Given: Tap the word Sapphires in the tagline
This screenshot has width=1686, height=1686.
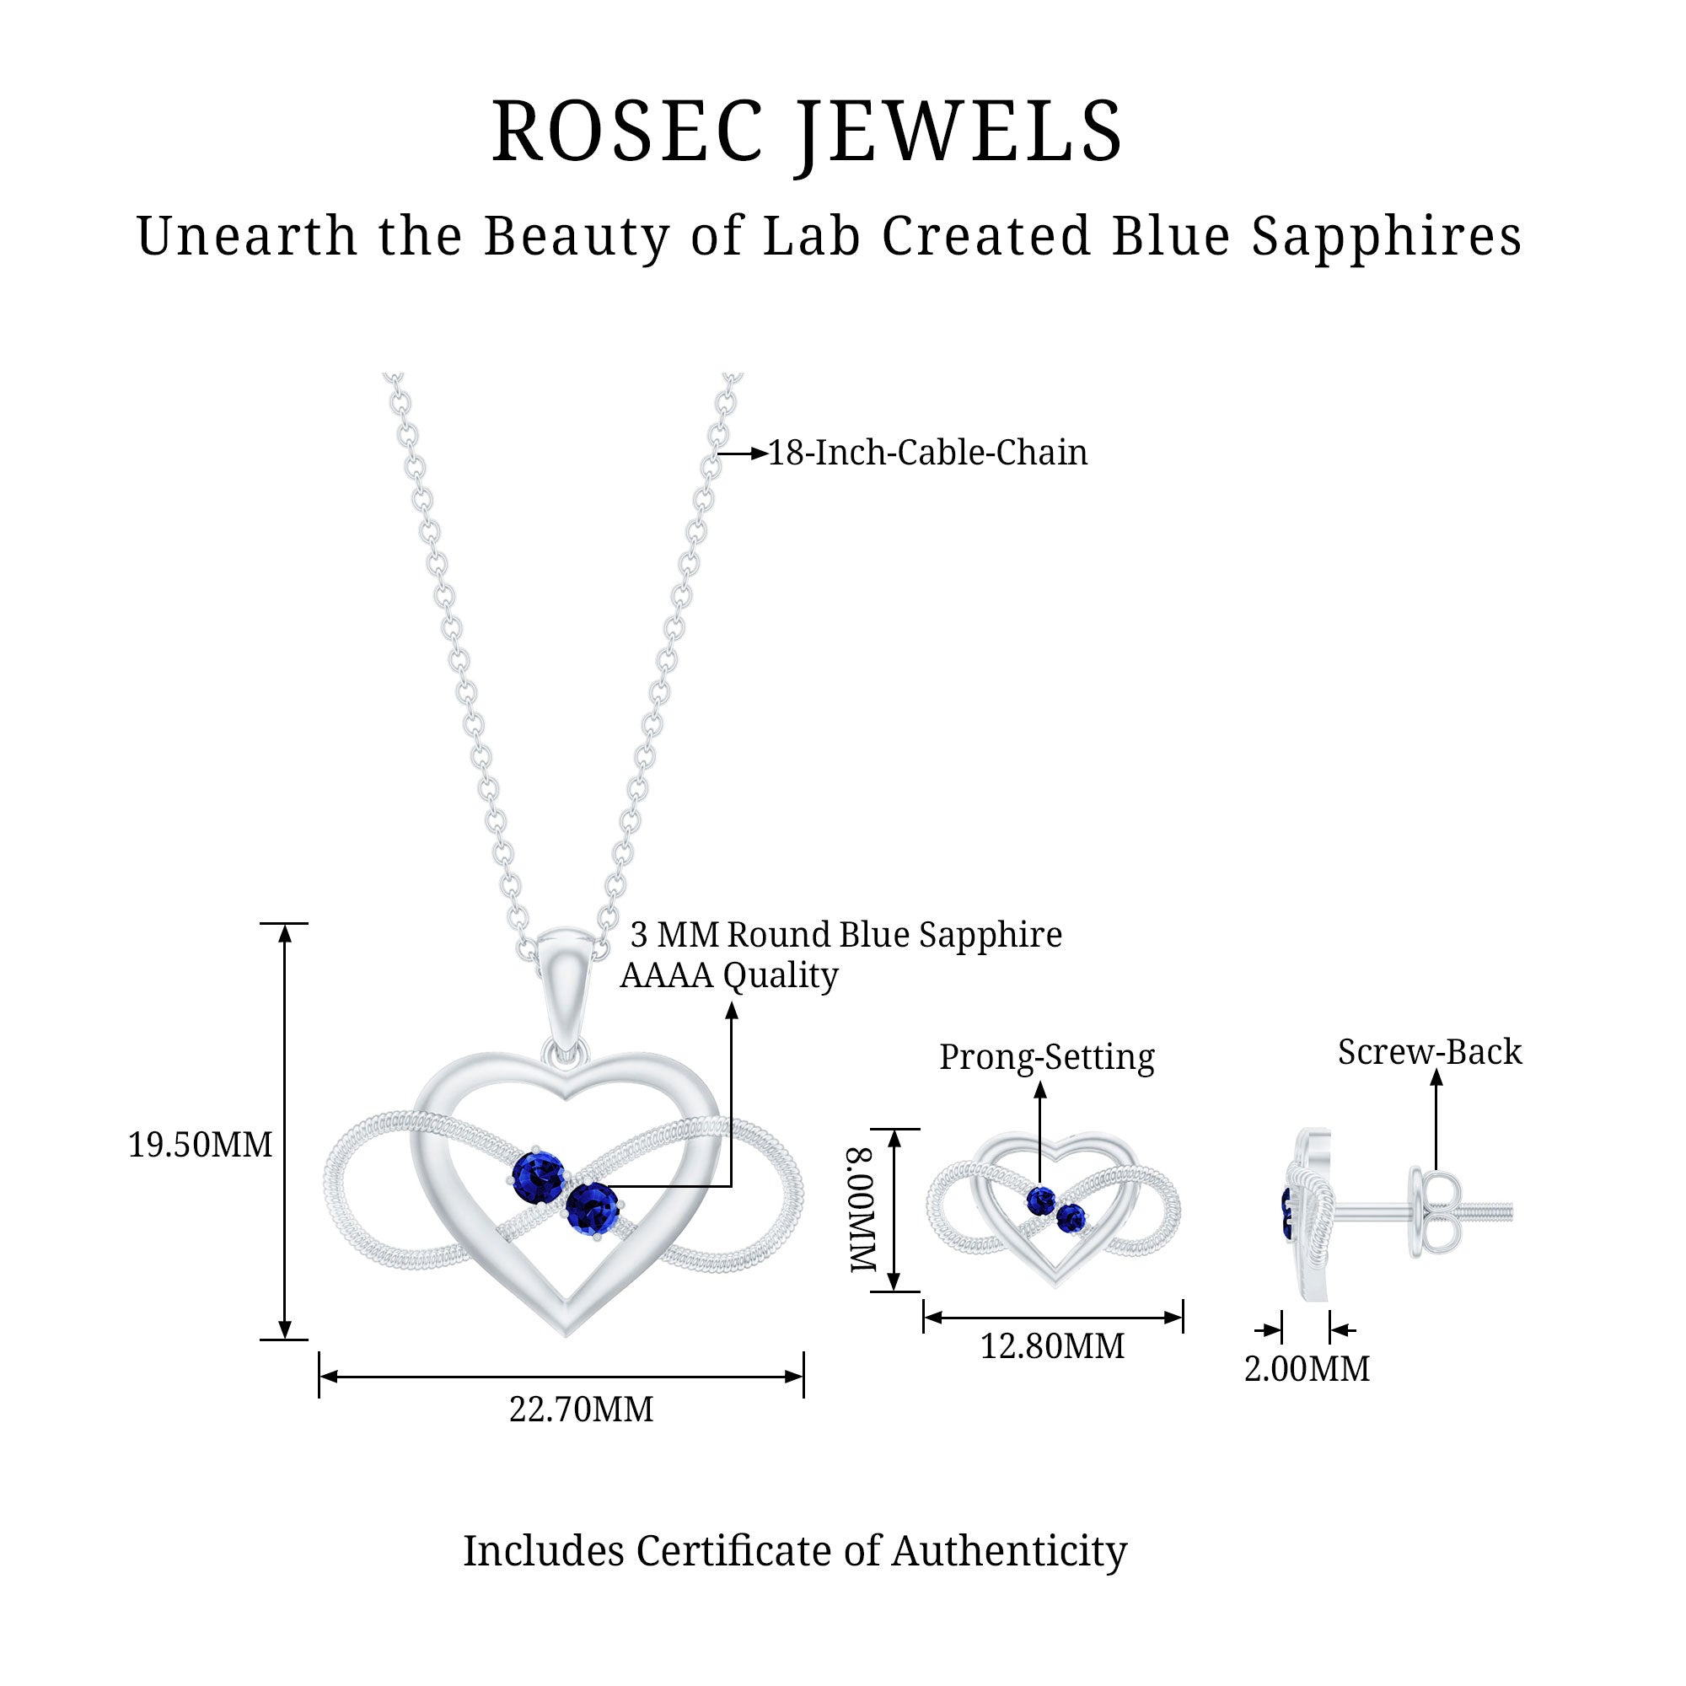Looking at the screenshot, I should click(1387, 236).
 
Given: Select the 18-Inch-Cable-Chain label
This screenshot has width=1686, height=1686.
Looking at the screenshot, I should click(927, 453).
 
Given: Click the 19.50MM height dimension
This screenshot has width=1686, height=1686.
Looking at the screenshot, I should click(200, 1145).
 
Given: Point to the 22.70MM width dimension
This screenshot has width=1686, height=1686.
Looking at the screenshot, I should click(581, 1409).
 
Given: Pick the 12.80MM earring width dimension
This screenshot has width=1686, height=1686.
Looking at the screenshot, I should click(1052, 1345).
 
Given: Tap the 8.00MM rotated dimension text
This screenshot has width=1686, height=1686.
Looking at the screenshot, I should click(863, 1210).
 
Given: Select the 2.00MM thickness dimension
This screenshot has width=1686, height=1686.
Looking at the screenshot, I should click(1307, 1368).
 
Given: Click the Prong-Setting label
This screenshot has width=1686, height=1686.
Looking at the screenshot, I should click(1046, 1057).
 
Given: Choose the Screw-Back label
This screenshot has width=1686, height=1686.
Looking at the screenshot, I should click(1430, 1051).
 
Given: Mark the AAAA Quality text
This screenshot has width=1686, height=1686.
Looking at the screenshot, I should click(728, 975).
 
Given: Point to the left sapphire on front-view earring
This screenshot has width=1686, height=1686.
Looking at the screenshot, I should click(1041, 1200).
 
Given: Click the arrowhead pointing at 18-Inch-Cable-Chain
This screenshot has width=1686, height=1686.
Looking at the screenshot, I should click(759, 454).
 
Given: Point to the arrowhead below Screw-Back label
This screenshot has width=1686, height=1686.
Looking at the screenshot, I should click(1436, 1079).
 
